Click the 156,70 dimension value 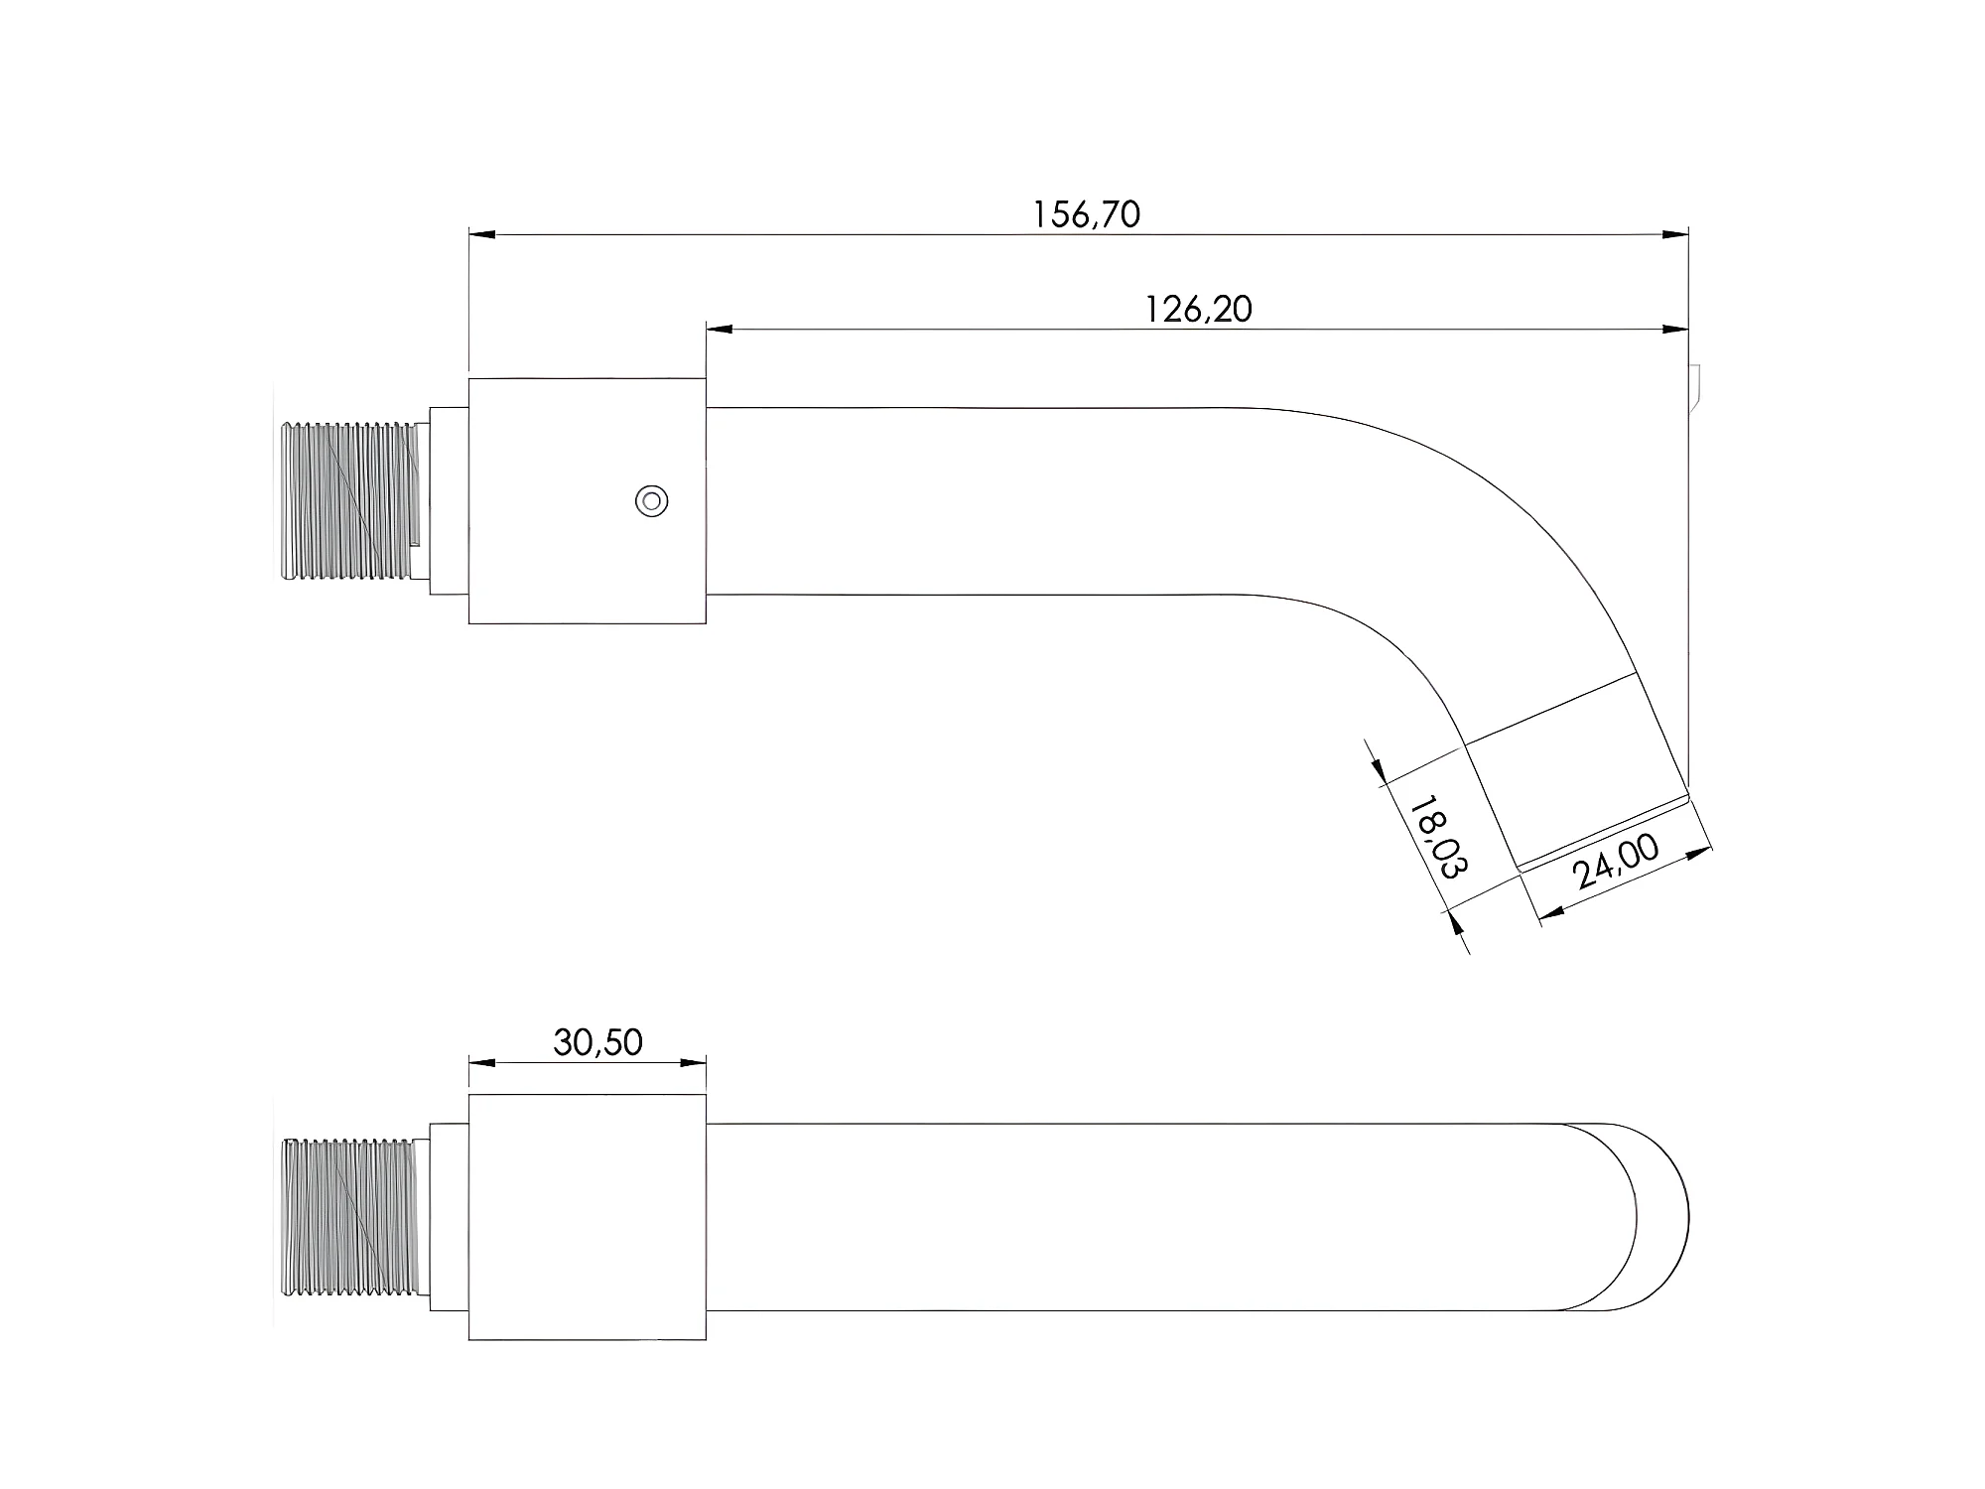click(1087, 214)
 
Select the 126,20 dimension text click(1199, 310)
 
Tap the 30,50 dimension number click(597, 1042)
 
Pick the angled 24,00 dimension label click(1616, 861)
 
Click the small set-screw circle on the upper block click(651, 500)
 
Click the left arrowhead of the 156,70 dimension click(482, 235)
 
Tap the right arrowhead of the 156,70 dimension click(1675, 235)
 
